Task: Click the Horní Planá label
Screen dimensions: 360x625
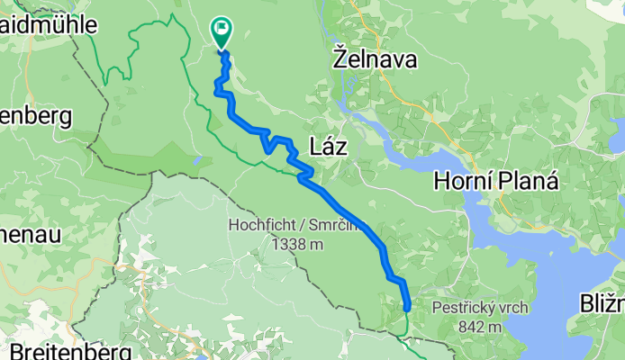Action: click(x=496, y=181)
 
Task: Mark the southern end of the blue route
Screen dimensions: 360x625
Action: click(x=406, y=309)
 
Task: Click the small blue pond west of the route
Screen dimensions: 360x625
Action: click(x=196, y=161)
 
